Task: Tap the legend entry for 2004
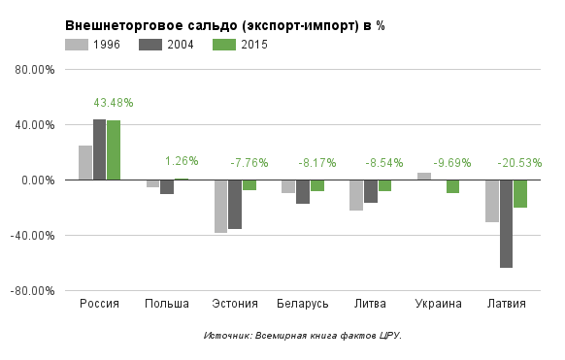(x=166, y=45)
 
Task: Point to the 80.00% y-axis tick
(x=37, y=70)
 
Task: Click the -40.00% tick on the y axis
(x=35, y=235)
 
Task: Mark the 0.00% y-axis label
(x=39, y=180)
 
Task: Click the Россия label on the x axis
(x=99, y=304)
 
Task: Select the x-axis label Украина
(x=438, y=304)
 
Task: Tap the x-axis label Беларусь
(x=302, y=304)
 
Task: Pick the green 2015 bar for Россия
(x=114, y=149)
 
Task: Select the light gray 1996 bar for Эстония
(x=220, y=206)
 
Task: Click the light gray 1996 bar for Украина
(x=424, y=176)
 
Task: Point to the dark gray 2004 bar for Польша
(x=167, y=186)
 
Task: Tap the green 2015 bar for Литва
(x=384, y=185)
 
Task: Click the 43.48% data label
(x=114, y=103)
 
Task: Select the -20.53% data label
(x=521, y=163)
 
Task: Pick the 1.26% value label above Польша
(x=182, y=161)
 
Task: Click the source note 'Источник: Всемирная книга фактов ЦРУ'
(x=302, y=335)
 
